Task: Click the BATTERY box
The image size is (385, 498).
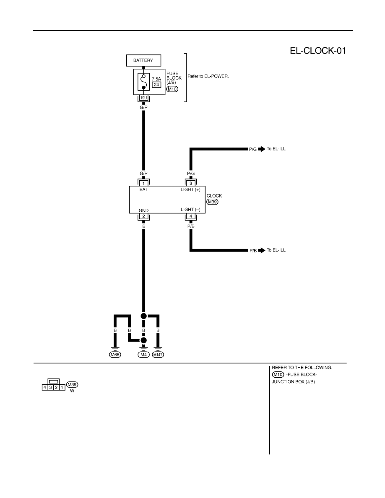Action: pos(143,60)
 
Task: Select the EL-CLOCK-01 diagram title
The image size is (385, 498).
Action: pos(317,51)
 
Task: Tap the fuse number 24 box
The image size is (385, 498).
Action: pos(156,85)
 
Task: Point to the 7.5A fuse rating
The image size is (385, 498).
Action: pos(156,79)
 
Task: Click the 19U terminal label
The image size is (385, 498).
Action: pos(143,98)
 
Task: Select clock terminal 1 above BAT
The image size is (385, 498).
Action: pos(143,183)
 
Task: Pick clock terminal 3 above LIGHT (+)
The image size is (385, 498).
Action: pos(191,183)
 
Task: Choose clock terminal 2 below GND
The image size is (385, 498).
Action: pos(143,216)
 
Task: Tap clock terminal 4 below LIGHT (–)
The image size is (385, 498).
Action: pos(191,216)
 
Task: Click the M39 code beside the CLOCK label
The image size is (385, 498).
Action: pos(213,202)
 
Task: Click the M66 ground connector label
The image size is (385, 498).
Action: pos(115,355)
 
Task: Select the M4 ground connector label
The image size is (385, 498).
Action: pos(143,355)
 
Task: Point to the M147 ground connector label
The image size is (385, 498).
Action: pos(158,355)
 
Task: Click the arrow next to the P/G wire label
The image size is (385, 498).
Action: pos(261,149)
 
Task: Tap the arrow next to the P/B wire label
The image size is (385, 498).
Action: pos(261,250)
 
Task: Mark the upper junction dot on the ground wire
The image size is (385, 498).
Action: pos(143,316)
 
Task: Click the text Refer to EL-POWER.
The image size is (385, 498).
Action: pos(208,76)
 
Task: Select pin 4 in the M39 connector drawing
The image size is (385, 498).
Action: pos(45,387)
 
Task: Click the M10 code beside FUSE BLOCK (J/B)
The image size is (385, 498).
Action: pos(172,89)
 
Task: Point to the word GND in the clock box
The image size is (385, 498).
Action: pos(143,210)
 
